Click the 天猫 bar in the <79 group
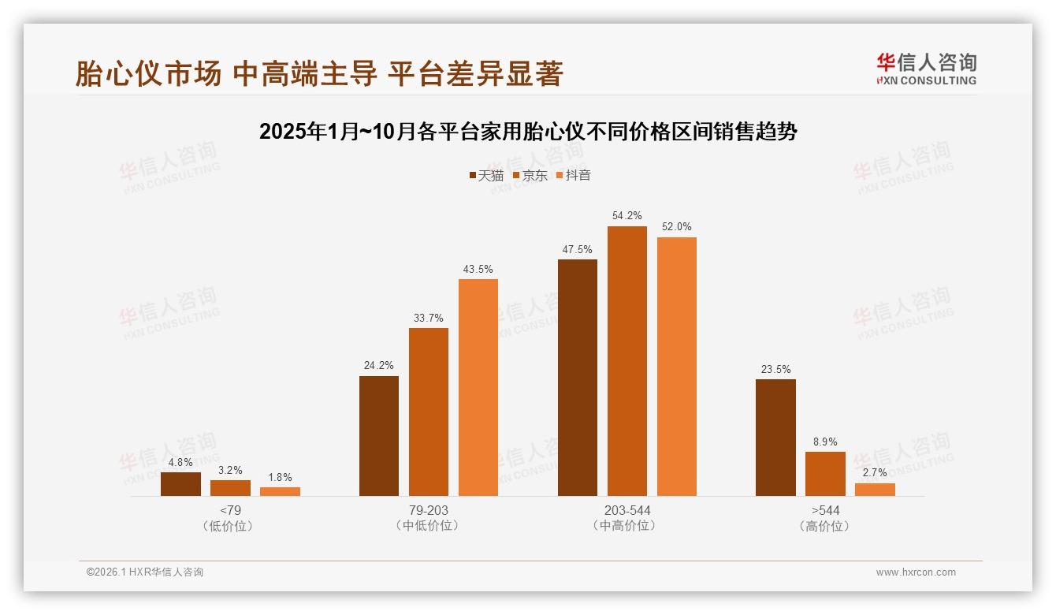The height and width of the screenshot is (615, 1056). pos(180,484)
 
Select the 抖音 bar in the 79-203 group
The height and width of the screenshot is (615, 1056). pos(478,387)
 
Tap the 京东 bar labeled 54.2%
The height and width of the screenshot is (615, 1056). pos(627,361)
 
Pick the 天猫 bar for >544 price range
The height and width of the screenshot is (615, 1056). pos(775,438)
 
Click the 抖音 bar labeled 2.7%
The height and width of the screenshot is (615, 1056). pos(875,490)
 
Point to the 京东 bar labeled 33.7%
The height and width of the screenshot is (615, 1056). pos(428,412)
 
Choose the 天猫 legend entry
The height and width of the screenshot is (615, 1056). pos(486,175)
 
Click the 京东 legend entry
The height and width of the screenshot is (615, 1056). pos(530,175)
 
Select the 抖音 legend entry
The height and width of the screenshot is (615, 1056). pos(574,175)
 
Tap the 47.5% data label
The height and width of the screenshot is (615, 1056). pos(578,249)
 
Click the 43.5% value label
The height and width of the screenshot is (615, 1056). pos(478,269)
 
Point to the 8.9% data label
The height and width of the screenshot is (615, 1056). pos(825,442)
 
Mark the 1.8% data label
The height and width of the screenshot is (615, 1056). pos(280,477)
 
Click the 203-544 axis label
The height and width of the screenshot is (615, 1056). pos(627,510)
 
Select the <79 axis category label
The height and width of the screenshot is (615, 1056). pos(230,510)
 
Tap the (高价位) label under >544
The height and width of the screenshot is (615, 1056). pos(825,526)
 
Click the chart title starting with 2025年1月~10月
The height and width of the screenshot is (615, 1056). pos(528,132)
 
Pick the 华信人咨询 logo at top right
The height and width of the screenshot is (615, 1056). pos(926,69)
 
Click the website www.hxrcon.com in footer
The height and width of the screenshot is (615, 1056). pos(916,572)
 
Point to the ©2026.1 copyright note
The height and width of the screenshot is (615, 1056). pos(145,572)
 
